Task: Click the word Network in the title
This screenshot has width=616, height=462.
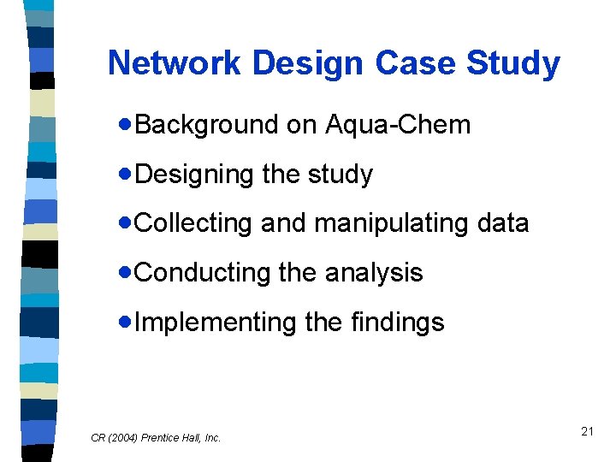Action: coord(175,63)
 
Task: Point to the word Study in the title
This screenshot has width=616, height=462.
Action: coord(513,63)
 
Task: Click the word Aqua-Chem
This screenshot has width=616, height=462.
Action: coord(398,125)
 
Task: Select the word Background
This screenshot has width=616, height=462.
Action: coord(207,125)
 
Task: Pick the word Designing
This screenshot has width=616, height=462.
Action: coord(195,175)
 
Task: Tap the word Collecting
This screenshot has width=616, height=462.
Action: coord(193,223)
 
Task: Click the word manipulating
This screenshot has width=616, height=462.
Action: coord(400,223)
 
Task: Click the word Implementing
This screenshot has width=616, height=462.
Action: coord(215,323)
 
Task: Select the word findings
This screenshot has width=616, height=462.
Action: coord(398,323)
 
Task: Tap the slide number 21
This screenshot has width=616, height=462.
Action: coord(587,431)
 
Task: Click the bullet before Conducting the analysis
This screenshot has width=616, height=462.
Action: coord(127,273)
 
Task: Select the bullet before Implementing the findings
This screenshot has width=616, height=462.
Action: coord(127,323)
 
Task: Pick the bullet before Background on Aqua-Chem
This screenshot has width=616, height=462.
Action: coord(127,125)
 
